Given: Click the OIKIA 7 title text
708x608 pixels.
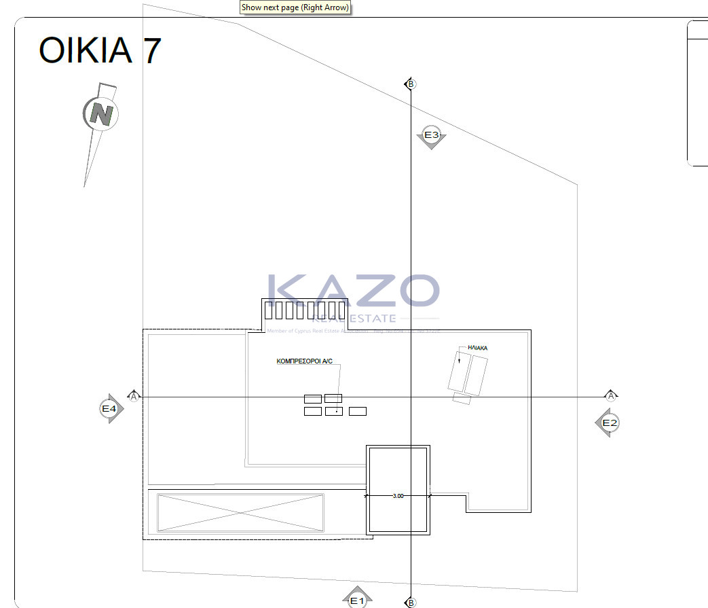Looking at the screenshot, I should click(x=100, y=51).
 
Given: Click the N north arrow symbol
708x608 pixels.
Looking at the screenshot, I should click(x=101, y=114).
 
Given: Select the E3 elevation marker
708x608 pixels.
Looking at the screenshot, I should click(x=431, y=136).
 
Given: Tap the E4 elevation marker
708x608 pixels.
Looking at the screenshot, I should click(x=110, y=409).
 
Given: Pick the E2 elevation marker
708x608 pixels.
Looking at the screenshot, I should click(x=609, y=423).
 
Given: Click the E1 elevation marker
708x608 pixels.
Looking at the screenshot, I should click(x=357, y=600).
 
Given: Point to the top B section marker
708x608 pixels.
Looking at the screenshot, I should click(x=411, y=84).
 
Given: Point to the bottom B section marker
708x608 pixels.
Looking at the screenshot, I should click(x=411, y=603).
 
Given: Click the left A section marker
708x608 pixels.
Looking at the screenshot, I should click(x=134, y=396).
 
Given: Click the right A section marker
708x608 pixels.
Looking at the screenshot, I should click(x=612, y=396).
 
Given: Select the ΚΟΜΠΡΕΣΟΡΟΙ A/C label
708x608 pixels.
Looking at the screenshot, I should click(x=304, y=362).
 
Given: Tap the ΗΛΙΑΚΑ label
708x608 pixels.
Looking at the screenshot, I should click(x=477, y=348).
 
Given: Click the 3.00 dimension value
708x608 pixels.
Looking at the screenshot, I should click(x=398, y=496).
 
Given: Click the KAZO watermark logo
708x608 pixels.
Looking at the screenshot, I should click(x=353, y=292).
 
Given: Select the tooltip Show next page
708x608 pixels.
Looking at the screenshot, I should click(x=295, y=8).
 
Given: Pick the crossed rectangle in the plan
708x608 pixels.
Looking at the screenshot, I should click(x=240, y=512).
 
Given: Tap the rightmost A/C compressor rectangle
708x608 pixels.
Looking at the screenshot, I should click(x=357, y=411).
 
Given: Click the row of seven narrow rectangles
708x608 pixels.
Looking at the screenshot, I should click(x=305, y=310).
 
